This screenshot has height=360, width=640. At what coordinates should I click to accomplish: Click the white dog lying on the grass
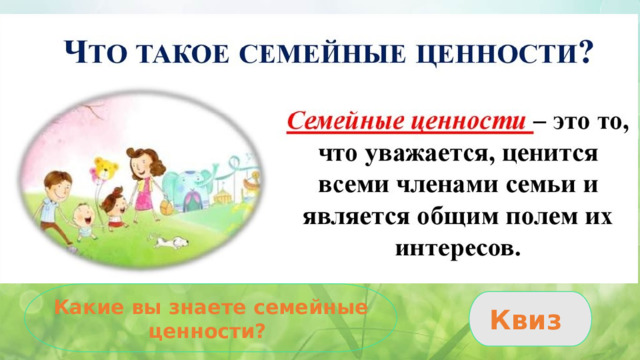(168, 240)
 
